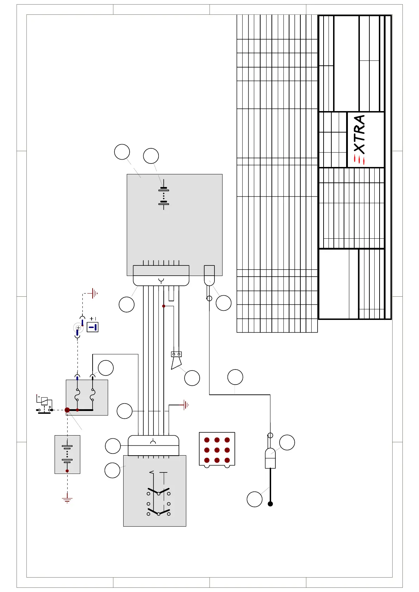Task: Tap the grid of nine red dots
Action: pos(217,450)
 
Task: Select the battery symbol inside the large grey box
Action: pos(164,194)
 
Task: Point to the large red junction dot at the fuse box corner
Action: pos(67,410)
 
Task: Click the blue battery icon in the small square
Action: pos(92,327)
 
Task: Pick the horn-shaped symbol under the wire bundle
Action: pos(176,360)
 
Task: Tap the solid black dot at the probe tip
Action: pos(270,504)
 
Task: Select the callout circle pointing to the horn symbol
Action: pos(192,378)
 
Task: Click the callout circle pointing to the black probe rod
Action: pos(254,499)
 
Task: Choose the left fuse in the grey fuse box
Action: pos(77,395)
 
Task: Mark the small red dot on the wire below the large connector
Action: pos(164,306)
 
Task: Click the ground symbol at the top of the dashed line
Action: pos(94,293)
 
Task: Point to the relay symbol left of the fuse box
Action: pos(44,404)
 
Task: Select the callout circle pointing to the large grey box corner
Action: pos(122,152)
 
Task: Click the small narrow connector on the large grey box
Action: pos(209,275)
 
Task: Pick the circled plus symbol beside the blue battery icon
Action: pos(78,328)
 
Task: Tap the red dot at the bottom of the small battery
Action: pos(67,471)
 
